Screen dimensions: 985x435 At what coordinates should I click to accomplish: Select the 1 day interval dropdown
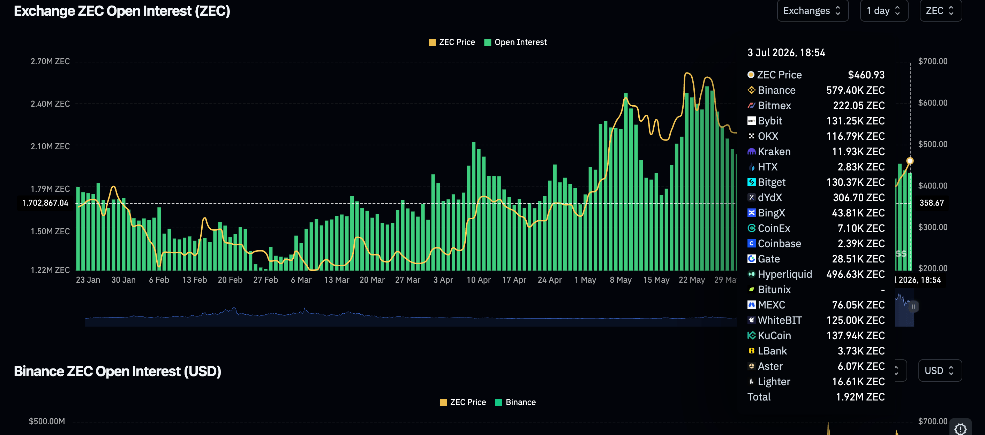click(x=884, y=11)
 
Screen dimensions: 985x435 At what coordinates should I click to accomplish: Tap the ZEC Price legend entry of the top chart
click(x=452, y=42)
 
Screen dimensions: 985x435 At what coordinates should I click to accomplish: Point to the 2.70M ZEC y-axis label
click(x=50, y=61)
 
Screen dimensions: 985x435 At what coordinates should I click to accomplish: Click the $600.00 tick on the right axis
click(x=933, y=102)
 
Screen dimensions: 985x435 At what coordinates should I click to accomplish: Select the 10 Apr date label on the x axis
click(x=478, y=280)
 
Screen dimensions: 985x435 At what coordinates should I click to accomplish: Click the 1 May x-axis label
click(x=585, y=280)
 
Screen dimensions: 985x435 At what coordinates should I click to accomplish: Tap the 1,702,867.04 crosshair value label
click(x=45, y=203)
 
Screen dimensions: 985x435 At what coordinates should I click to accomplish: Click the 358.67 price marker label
click(x=932, y=203)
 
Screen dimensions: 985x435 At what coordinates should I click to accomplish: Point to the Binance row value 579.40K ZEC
click(x=855, y=90)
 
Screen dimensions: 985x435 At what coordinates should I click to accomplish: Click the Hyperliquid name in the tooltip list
click(x=785, y=274)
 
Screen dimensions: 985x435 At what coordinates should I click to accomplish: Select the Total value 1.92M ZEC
click(x=860, y=397)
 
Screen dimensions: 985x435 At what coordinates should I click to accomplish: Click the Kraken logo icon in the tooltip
click(x=751, y=152)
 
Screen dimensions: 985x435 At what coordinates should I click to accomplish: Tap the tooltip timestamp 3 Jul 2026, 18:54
click(x=786, y=52)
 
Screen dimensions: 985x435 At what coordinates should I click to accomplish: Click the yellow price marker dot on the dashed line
click(x=910, y=161)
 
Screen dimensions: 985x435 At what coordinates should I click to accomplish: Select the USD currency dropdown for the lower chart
click(x=940, y=371)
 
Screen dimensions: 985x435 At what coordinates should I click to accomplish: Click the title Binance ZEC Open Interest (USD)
click(x=118, y=371)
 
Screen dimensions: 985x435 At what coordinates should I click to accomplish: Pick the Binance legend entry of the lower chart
click(x=516, y=402)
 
